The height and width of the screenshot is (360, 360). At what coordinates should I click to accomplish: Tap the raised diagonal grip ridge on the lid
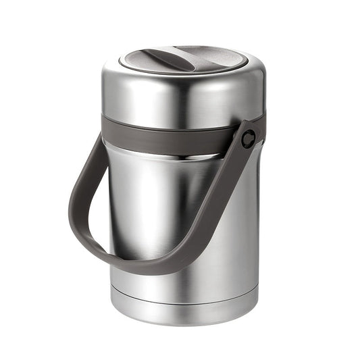click(177, 57)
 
